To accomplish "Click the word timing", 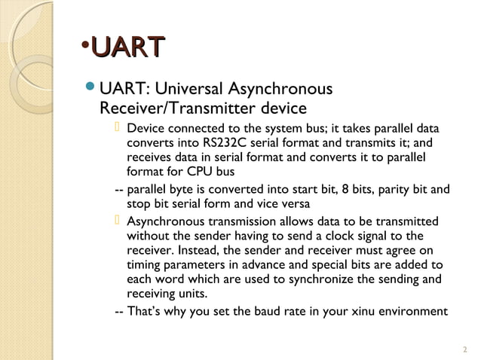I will (142, 265).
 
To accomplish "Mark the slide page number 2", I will (464, 348).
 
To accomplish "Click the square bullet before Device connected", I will (118, 127).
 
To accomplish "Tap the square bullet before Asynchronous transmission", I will (118, 221).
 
